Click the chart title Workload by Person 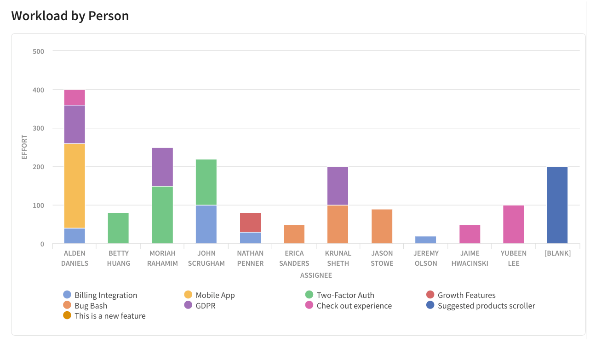click(x=70, y=16)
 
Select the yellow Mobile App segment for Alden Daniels click(x=74, y=186)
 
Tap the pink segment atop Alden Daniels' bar click(x=74, y=97)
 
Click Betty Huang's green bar click(x=118, y=228)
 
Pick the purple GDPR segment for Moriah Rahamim click(x=162, y=167)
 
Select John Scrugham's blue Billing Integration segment click(x=206, y=224)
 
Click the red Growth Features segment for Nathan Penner click(x=250, y=223)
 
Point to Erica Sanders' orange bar click(x=294, y=234)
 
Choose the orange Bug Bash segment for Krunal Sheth click(x=338, y=224)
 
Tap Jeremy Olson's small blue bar click(x=425, y=240)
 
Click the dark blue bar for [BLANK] click(x=557, y=205)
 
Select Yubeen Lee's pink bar click(x=513, y=224)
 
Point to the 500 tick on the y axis click(x=39, y=51)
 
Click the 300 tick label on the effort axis click(x=39, y=128)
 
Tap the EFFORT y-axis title click(x=25, y=147)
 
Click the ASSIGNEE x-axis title click(x=316, y=275)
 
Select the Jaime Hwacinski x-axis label click(x=470, y=258)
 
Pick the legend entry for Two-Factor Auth click(x=345, y=295)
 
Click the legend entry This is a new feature click(x=110, y=316)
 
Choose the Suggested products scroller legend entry click(x=486, y=306)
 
